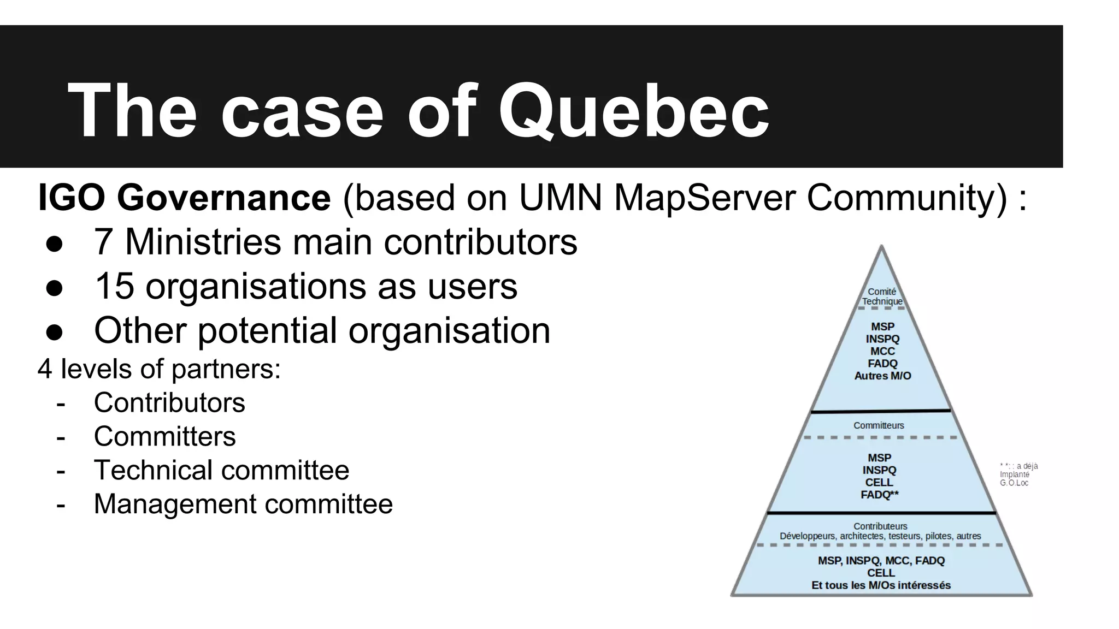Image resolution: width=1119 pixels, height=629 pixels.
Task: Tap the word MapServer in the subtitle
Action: (705, 197)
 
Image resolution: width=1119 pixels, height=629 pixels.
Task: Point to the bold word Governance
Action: (223, 197)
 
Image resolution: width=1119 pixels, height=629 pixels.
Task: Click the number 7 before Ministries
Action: (103, 242)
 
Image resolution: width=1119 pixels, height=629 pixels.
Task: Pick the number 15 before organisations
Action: (114, 286)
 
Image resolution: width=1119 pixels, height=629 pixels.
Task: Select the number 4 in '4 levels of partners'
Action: (45, 369)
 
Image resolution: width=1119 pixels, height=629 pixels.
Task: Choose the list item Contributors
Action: (169, 403)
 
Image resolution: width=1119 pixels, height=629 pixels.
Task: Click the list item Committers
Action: (164, 437)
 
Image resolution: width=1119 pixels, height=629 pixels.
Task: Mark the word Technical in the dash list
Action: (152, 470)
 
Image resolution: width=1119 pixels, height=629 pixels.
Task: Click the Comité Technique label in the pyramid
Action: (882, 296)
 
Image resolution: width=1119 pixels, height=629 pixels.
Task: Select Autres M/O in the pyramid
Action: (882, 376)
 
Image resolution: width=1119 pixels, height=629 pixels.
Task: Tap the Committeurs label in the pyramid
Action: (879, 425)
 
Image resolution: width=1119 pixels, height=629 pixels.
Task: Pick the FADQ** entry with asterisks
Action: (879, 495)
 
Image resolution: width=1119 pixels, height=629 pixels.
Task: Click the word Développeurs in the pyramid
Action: (808, 536)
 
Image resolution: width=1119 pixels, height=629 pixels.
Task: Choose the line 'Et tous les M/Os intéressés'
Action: (881, 585)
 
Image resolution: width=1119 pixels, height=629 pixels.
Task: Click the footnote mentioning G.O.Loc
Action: (1018, 474)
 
